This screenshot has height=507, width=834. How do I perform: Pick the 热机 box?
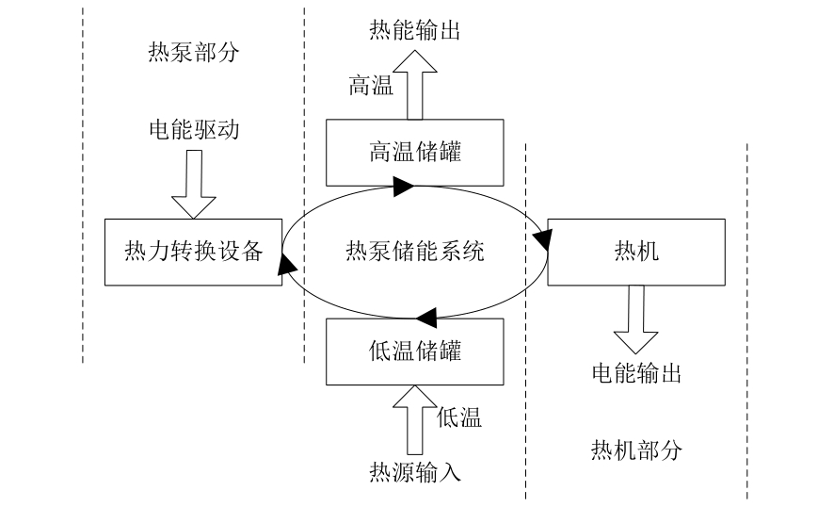pyautogui.click(x=635, y=252)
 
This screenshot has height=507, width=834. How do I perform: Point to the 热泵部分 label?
pyautogui.click(x=194, y=51)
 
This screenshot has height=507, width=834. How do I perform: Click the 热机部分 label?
pyautogui.click(x=635, y=449)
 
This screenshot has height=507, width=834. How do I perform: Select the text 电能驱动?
pyautogui.click(x=194, y=128)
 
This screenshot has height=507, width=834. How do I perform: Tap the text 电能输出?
pyautogui.click(x=635, y=374)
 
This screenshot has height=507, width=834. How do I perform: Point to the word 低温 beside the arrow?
pyautogui.click(x=459, y=417)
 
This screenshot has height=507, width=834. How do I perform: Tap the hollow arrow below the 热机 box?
pyautogui.click(x=635, y=320)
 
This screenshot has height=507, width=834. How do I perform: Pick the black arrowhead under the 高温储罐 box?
pyautogui.click(x=402, y=188)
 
